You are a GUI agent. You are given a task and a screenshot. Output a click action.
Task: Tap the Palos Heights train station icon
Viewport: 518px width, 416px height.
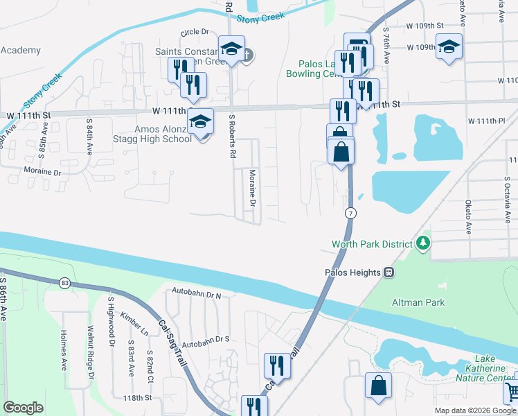point(389,272)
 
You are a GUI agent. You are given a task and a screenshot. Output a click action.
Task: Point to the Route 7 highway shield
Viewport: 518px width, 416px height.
point(351,213)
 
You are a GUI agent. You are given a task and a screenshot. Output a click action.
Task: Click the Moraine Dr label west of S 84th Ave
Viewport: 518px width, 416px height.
point(42,171)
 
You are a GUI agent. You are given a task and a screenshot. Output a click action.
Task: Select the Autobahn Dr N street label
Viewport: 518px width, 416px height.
point(196,294)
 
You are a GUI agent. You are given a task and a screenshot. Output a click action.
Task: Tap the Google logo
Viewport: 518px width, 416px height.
point(23,408)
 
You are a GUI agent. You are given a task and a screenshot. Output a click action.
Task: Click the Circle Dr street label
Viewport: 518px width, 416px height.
point(195,32)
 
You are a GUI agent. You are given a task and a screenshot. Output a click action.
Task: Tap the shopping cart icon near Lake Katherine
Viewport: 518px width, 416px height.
point(510,392)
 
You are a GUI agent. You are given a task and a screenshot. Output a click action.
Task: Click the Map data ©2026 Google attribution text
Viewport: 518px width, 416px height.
point(474,410)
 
